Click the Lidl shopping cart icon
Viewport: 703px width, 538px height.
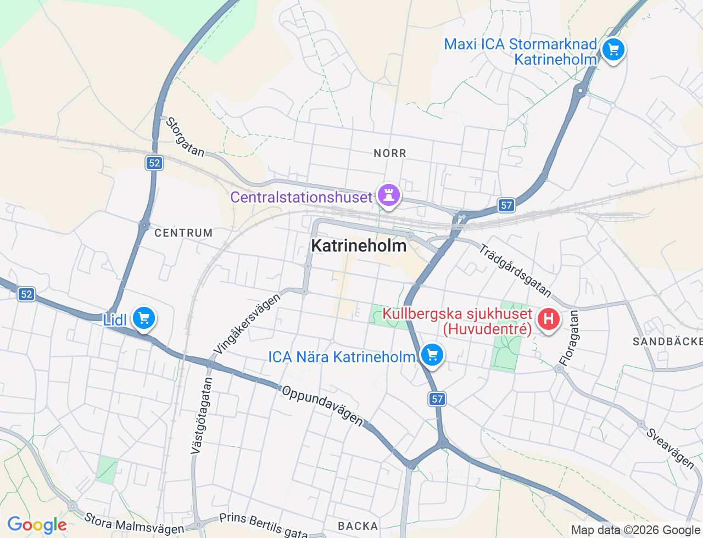(144, 318)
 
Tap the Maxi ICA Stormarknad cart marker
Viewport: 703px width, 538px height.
(613, 50)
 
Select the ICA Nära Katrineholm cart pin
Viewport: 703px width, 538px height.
(432, 355)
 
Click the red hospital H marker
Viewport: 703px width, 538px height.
(548, 319)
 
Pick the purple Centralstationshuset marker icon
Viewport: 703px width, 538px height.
(389, 195)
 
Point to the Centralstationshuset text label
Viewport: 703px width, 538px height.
(301, 197)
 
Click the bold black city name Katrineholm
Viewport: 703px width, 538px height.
(359, 245)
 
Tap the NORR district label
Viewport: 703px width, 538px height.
(390, 153)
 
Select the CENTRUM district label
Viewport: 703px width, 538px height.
(183, 233)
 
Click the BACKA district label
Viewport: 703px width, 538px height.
(358, 526)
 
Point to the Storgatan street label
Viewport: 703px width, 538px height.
(185, 137)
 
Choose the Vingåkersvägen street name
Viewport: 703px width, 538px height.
(247, 323)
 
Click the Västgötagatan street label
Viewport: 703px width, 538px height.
(201, 416)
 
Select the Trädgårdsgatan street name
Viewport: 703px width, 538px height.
(515, 270)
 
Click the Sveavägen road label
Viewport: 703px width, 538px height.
(670, 448)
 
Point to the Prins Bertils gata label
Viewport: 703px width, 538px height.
(264, 525)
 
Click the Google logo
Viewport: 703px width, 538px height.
(37, 525)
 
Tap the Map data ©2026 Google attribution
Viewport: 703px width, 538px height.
(635, 530)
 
